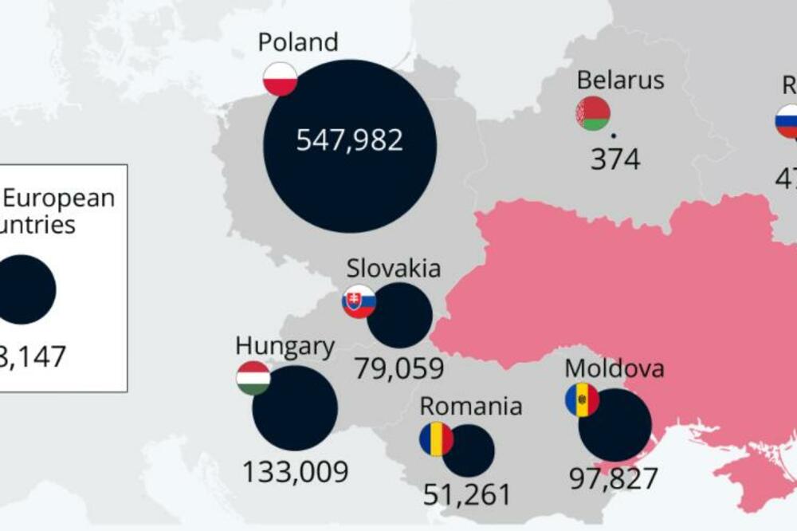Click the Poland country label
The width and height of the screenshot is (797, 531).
point(298,41)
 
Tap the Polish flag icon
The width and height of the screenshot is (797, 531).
point(281,79)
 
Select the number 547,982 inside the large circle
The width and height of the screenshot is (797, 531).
point(350,140)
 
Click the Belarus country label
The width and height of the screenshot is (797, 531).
point(620,80)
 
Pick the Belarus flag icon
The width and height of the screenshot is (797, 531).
point(593,113)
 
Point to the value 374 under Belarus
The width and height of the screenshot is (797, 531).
point(615,159)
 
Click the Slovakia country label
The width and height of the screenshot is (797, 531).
point(394,268)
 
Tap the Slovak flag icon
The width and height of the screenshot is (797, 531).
point(359,301)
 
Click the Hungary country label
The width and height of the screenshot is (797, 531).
point(285,346)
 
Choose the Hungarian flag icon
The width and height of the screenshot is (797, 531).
point(253,378)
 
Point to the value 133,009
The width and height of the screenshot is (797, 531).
point(296,472)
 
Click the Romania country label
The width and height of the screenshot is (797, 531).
point(471,406)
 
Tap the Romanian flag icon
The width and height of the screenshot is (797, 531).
point(436,439)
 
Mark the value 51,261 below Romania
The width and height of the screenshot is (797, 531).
point(467,494)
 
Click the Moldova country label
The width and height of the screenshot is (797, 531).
point(614,368)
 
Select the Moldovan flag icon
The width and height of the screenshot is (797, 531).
point(582,399)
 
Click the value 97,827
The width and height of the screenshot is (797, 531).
point(614,478)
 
